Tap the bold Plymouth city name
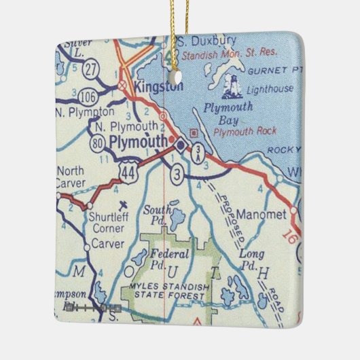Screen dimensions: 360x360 pos(139,141)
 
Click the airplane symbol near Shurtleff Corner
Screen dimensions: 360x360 pos(122,204)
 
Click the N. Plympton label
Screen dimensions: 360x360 pos(76,111)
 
